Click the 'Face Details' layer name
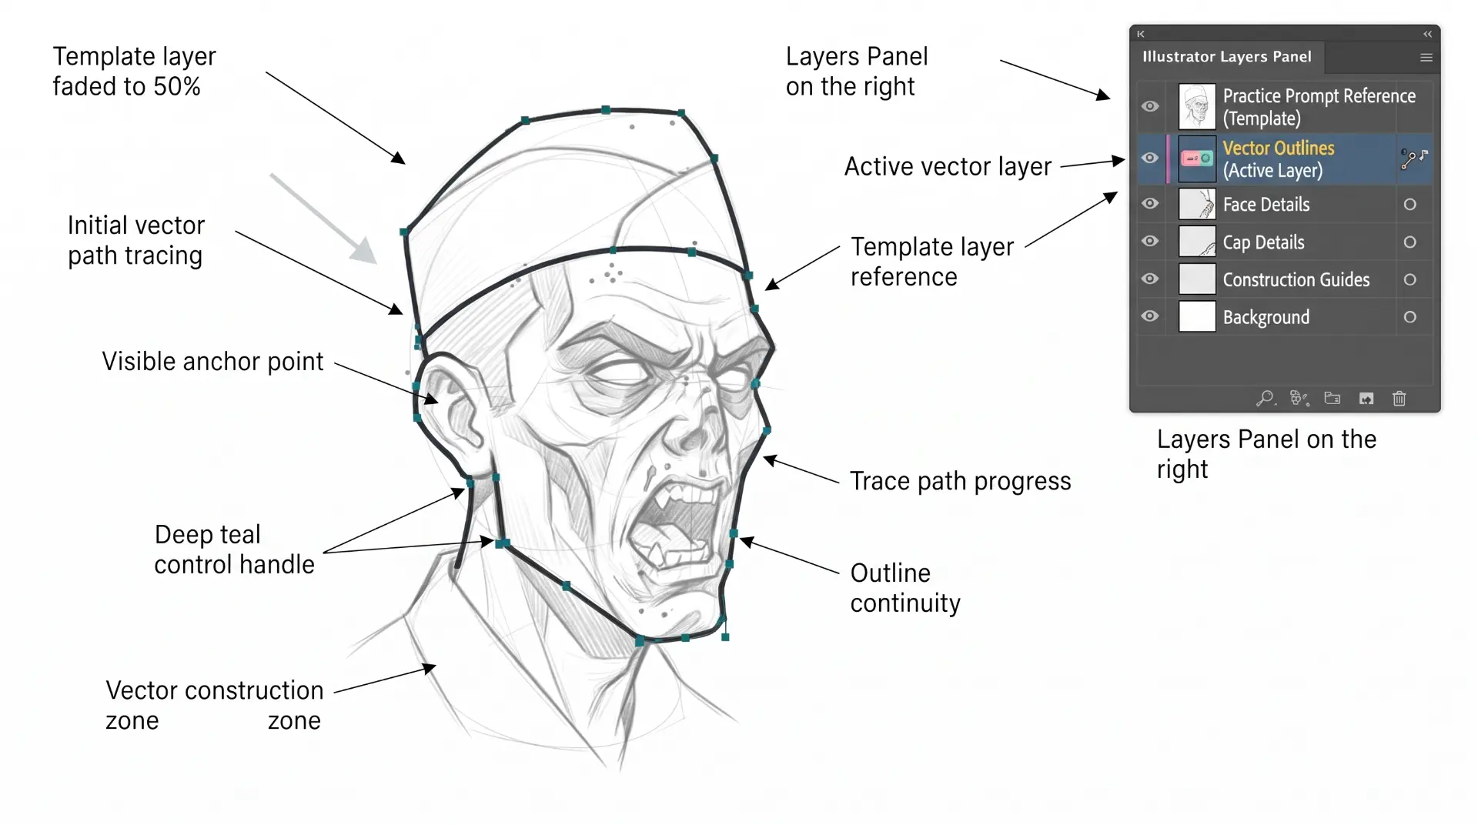(x=1266, y=205)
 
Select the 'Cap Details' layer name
(x=1263, y=242)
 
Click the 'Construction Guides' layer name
(x=1296, y=279)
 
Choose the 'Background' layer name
(x=1266, y=317)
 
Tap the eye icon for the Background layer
(x=1150, y=316)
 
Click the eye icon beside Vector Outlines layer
(x=1150, y=158)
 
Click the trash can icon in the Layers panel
(x=1399, y=398)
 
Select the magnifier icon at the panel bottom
(x=1265, y=398)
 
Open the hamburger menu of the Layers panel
(x=1426, y=57)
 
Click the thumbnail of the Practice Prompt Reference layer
(x=1197, y=106)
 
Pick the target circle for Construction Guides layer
(x=1409, y=279)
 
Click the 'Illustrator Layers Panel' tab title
(x=1226, y=56)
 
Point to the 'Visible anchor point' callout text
(x=212, y=362)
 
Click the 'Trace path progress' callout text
(x=960, y=481)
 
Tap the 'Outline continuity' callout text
(x=905, y=588)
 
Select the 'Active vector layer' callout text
(x=948, y=166)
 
